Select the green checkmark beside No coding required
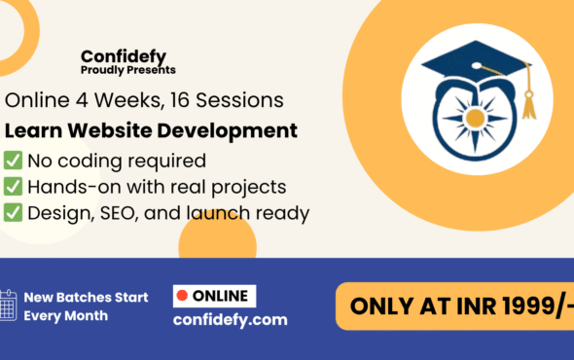point(14,160)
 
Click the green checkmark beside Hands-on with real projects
point(14,186)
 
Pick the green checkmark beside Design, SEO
point(14,213)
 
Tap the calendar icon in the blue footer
point(9,306)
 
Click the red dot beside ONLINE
point(180,295)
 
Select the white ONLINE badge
point(214,295)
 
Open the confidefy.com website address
point(230,319)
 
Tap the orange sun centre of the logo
point(475,118)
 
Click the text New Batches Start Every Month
point(86,306)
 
